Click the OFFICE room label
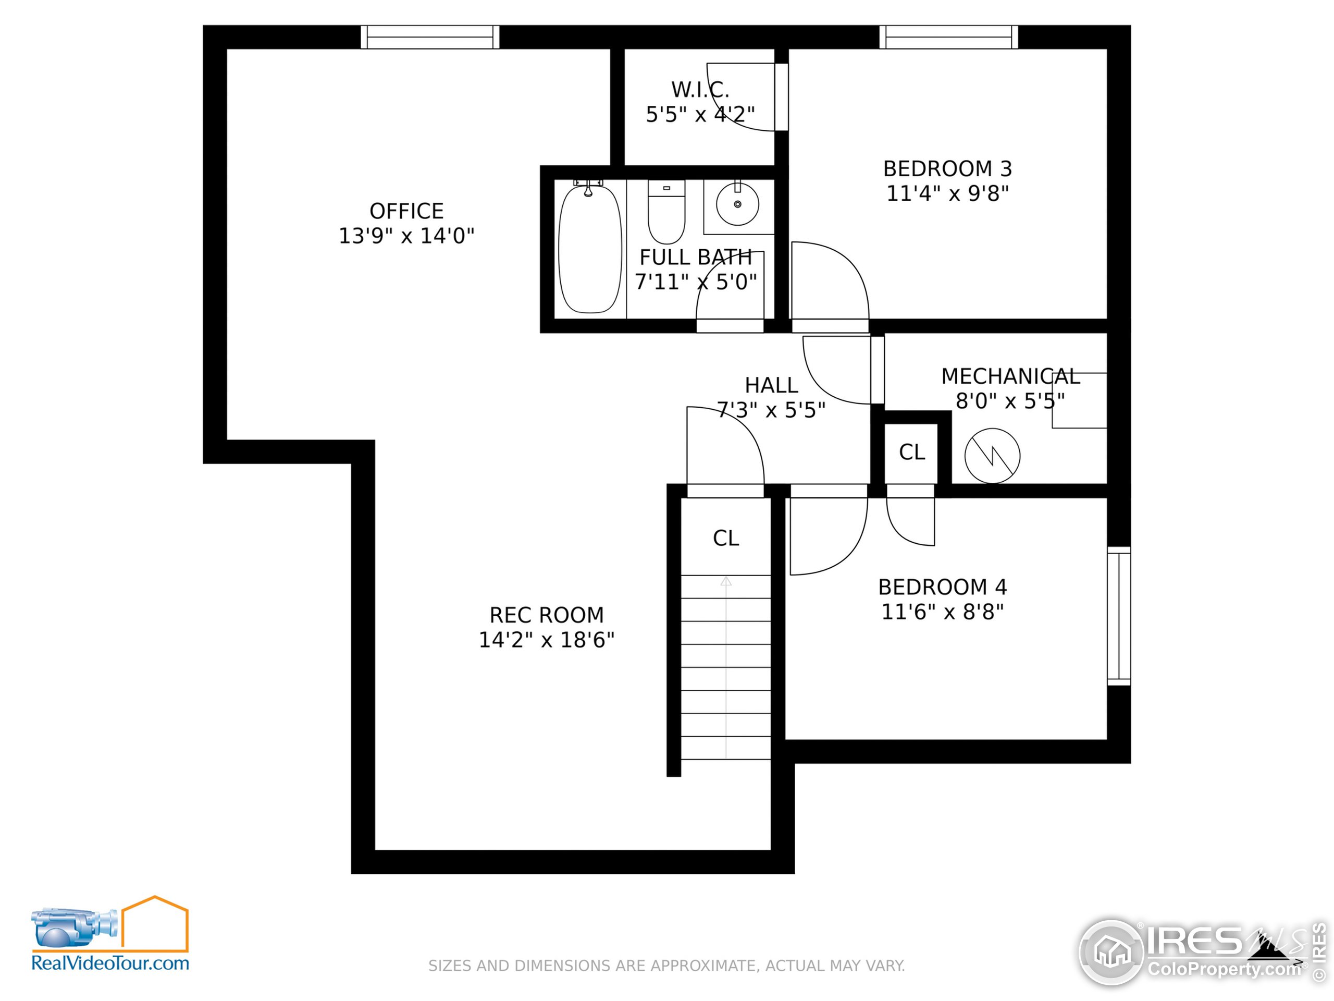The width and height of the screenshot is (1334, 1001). click(x=406, y=211)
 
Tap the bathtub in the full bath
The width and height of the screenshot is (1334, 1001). click(x=589, y=249)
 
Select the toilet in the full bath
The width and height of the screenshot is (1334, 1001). click(x=666, y=212)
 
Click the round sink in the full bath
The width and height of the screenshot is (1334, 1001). click(x=737, y=204)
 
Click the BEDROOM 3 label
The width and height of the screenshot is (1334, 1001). click(x=947, y=169)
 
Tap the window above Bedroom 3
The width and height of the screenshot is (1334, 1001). click(x=948, y=37)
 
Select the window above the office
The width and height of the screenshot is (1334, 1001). click(x=429, y=37)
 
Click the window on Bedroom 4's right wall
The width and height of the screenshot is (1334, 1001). click(x=1119, y=615)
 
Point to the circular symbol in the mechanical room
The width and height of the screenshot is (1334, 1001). click(x=992, y=456)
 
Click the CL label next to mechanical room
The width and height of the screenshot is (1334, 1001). click(x=911, y=452)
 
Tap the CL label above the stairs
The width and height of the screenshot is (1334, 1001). click(x=725, y=538)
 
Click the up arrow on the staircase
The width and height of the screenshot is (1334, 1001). click(x=726, y=582)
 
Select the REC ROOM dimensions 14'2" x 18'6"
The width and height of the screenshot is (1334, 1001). click(x=547, y=640)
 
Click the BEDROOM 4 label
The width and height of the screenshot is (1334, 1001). click(x=942, y=587)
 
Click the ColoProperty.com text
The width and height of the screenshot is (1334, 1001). click(x=1224, y=969)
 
